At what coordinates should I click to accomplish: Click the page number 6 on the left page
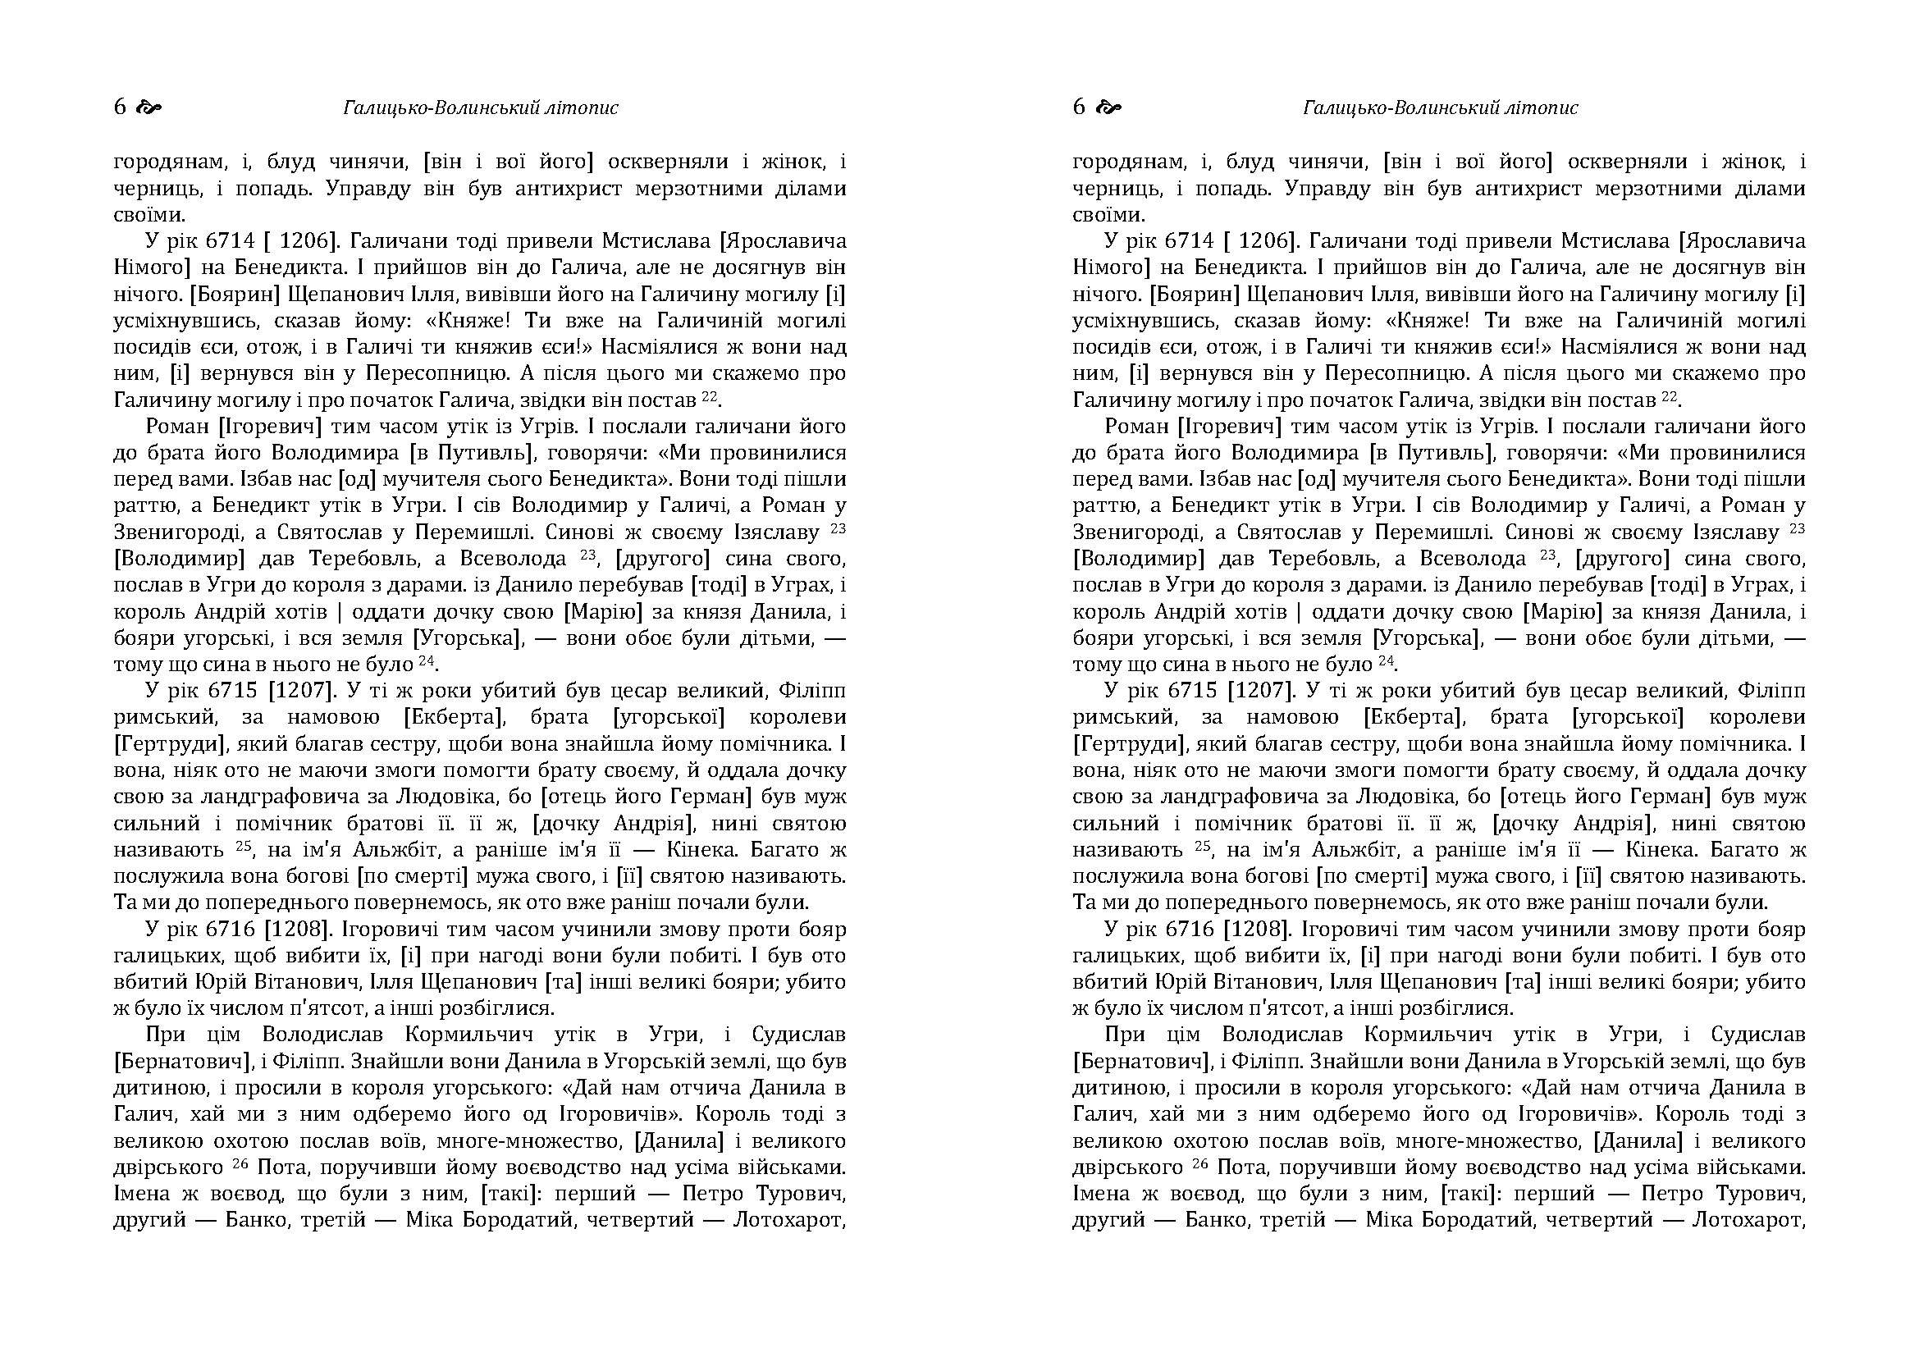coord(120,107)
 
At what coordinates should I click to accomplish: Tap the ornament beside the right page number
coord(1108,107)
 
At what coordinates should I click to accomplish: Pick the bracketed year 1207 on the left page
coord(301,691)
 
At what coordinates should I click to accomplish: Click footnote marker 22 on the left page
coord(710,395)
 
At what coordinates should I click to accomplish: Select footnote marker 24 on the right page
coord(1386,660)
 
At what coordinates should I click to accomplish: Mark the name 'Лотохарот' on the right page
coord(1748,1220)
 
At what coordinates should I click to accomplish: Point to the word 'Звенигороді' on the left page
coord(171,532)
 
